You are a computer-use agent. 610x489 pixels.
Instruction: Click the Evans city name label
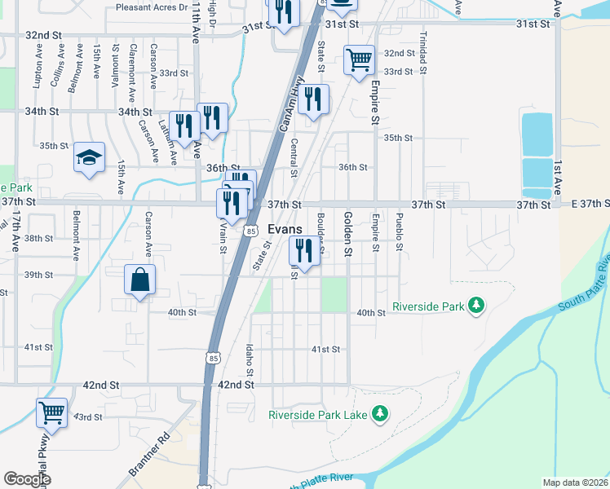tap(285, 230)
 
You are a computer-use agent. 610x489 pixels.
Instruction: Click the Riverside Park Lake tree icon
tap(378, 415)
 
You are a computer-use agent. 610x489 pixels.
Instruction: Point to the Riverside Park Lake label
tap(317, 415)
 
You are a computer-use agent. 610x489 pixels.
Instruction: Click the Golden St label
tap(347, 233)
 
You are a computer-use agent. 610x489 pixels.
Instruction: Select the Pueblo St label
tap(399, 231)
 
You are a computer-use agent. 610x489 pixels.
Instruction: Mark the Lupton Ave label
tap(38, 72)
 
